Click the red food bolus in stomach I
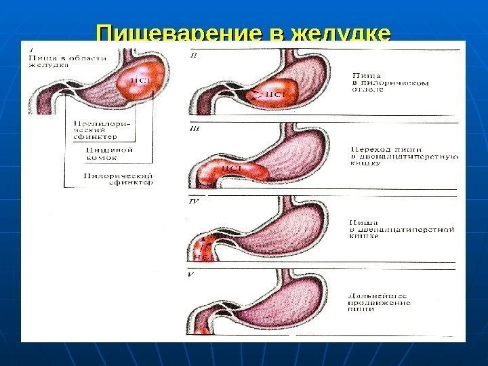[141, 81]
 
